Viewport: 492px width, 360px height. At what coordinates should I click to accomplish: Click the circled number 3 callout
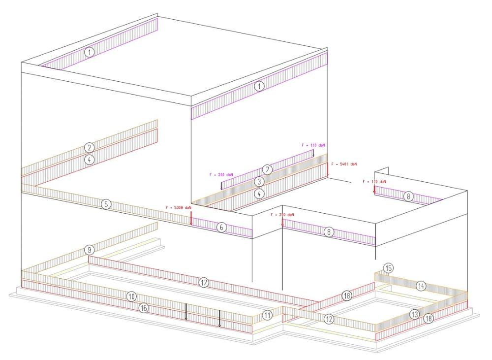[259, 181]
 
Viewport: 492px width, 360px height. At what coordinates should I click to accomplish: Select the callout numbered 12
[329, 319]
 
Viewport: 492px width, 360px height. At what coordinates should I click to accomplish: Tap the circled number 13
[414, 314]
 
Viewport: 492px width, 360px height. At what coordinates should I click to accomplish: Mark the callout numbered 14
[421, 285]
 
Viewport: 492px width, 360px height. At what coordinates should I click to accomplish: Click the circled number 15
[388, 268]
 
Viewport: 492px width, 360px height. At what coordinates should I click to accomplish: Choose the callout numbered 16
[143, 308]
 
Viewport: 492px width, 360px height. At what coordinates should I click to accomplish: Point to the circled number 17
[203, 282]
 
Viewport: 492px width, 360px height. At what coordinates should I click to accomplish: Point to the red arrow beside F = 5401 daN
[328, 170]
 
